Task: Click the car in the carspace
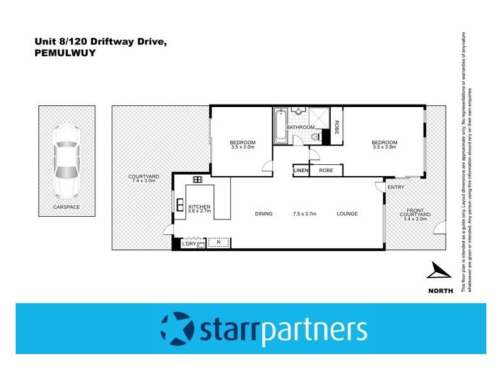tap(66, 160)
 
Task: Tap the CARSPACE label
tap(66, 207)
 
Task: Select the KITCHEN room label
tap(199, 206)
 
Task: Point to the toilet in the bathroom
tap(317, 137)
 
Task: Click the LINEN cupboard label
tap(301, 170)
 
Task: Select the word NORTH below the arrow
tap(438, 290)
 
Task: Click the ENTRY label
tap(396, 187)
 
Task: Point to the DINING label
tap(264, 214)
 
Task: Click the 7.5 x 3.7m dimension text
tap(304, 214)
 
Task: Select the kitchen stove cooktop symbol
tap(196, 180)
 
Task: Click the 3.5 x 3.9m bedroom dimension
tap(385, 147)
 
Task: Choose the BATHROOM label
tap(301, 127)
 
